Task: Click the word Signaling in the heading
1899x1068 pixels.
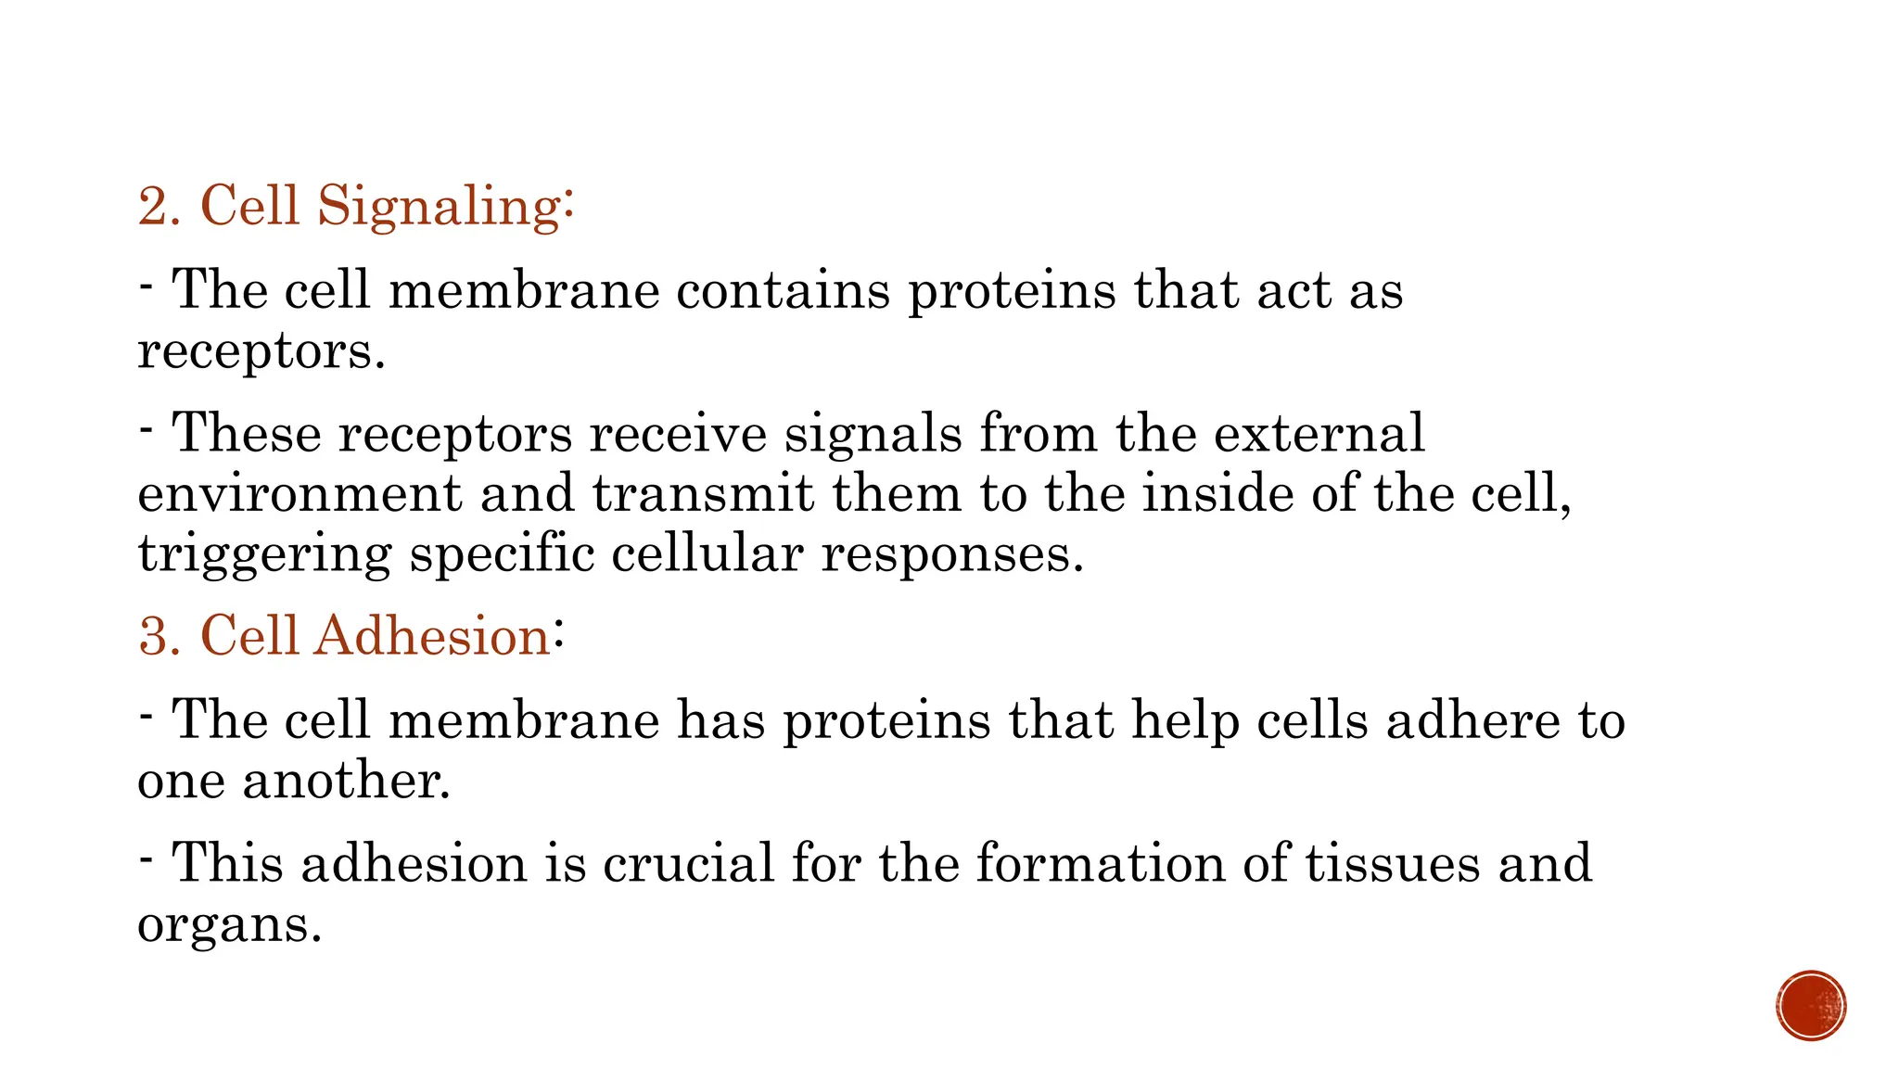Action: click(440, 206)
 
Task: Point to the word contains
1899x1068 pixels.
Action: click(783, 290)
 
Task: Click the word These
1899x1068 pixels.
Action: click(246, 433)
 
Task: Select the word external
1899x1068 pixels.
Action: click(1319, 433)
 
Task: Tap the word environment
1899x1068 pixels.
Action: click(299, 493)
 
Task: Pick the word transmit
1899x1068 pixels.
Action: click(703, 493)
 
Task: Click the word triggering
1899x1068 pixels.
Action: click(264, 555)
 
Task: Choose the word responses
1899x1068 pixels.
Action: click(951, 553)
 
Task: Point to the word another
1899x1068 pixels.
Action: click(346, 780)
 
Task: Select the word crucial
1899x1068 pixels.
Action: click(688, 863)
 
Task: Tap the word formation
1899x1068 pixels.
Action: click(1100, 863)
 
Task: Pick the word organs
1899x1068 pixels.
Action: click(229, 924)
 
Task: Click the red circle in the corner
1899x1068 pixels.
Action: click(1811, 1006)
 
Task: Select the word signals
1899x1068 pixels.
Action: click(873, 433)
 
